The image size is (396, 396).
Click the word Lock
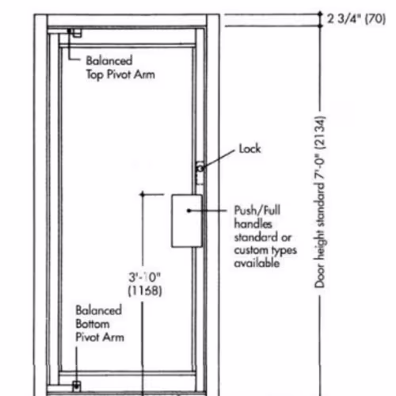(249, 149)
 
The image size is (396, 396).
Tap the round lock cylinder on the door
(200, 168)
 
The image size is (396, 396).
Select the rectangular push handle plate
(187, 221)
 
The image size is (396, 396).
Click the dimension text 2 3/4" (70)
(356, 19)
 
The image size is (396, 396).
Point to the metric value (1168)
(145, 291)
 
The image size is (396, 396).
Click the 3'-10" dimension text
(144, 277)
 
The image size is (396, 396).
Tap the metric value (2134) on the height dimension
(320, 133)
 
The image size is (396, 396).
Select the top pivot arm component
(75, 32)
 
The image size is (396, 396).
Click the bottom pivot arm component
(76, 386)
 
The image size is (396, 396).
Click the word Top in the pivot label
(95, 74)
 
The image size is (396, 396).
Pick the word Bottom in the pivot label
(93, 324)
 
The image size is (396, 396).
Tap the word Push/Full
(257, 211)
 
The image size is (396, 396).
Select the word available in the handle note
(257, 263)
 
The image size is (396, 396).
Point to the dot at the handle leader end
(188, 211)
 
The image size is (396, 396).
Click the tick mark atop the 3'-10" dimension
(143, 195)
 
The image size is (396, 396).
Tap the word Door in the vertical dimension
(320, 278)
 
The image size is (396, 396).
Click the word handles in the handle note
(253, 224)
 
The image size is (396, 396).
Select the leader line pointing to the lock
(218, 159)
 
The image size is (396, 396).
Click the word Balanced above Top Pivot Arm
(109, 61)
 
